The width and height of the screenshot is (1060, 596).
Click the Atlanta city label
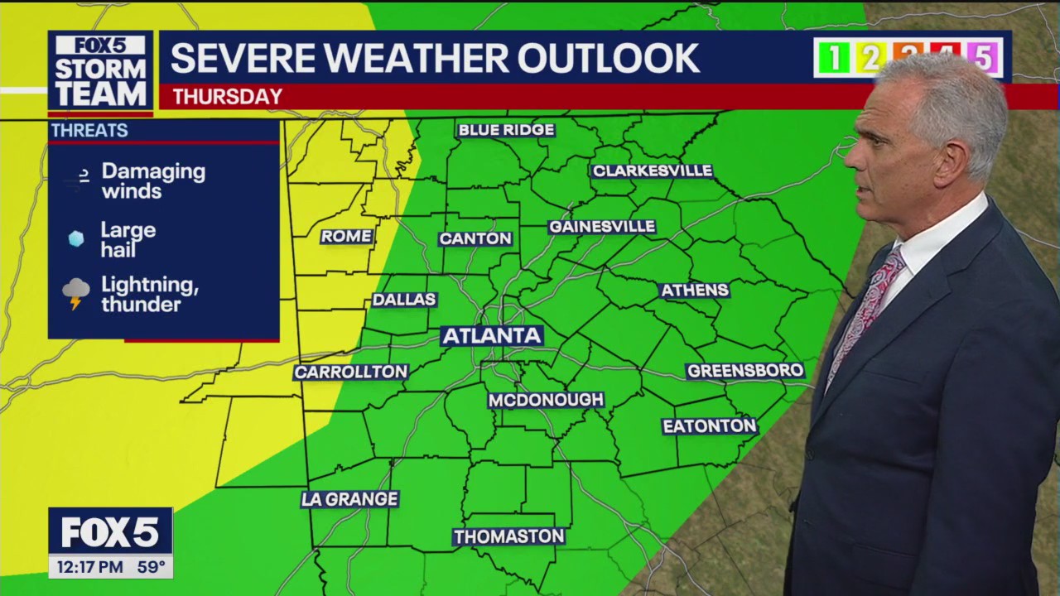(492, 335)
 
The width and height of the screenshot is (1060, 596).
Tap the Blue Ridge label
(506, 130)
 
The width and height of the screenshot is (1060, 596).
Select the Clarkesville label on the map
(652, 171)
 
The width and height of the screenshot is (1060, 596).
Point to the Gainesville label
(602, 226)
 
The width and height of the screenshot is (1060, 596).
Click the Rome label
(346, 236)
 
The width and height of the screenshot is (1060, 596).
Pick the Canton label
(475, 238)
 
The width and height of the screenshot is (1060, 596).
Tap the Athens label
(694, 290)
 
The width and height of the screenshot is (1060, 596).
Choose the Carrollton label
(351, 372)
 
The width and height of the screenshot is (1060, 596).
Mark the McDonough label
(546, 400)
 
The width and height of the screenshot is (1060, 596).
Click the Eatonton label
(710, 425)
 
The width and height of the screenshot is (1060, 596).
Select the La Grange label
(349, 499)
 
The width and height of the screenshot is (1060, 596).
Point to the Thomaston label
(508, 536)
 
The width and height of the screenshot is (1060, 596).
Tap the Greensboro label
(745, 370)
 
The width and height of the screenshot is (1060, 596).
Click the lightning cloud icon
(76, 293)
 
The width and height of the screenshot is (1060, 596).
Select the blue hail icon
(76, 239)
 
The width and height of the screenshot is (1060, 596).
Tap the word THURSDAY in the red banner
(227, 97)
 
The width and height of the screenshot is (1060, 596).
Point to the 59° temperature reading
(152, 567)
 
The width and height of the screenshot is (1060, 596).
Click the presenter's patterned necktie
(870, 306)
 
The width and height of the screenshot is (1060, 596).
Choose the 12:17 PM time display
(90, 567)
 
